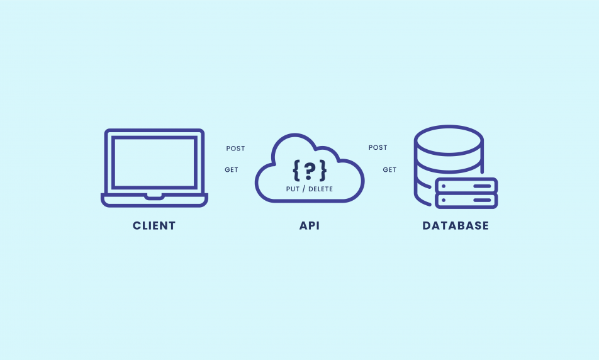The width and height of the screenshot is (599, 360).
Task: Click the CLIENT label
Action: [x=154, y=226]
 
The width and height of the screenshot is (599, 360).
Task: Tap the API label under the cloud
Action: [x=310, y=226]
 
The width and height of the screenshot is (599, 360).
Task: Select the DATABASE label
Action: [x=456, y=226]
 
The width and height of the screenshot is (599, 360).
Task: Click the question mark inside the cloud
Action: [x=310, y=170]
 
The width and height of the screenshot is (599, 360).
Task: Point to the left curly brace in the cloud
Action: [x=296, y=170]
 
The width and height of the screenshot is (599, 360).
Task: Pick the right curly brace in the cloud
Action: [x=323, y=170]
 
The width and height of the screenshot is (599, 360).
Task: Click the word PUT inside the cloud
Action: [x=293, y=189]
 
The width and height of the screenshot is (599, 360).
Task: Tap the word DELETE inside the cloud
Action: [x=321, y=189]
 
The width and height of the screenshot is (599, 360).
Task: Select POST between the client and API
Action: [x=235, y=149]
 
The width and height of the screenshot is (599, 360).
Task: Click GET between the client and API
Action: [x=232, y=170]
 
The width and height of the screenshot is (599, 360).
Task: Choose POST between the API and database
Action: [x=378, y=148]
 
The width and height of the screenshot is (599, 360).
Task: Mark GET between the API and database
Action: [x=390, y=170]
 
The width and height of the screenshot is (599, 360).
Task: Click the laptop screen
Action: [x=154, y=162]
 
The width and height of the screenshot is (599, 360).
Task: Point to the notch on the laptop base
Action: [x=154, y=197]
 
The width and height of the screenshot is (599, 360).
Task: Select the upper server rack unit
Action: [x=466, y=186]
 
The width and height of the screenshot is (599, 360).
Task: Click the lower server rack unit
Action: [x=466, y=200]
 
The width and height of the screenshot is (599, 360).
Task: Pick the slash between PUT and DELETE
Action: [x=304, y=189]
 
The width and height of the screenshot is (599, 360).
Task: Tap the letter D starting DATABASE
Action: [x=427, y=226]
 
